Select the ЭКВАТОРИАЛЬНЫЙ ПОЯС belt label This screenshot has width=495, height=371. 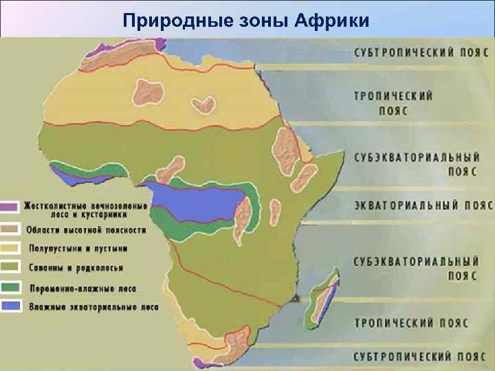point(423,205)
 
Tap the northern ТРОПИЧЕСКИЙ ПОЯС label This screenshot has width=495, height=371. point(393,102)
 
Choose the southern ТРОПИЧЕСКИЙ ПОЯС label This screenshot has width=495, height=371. point(411,322)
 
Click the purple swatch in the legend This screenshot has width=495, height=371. point(10,206)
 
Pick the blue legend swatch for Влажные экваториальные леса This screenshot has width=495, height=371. point(10,304)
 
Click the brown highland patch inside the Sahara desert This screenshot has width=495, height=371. point(203,104)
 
